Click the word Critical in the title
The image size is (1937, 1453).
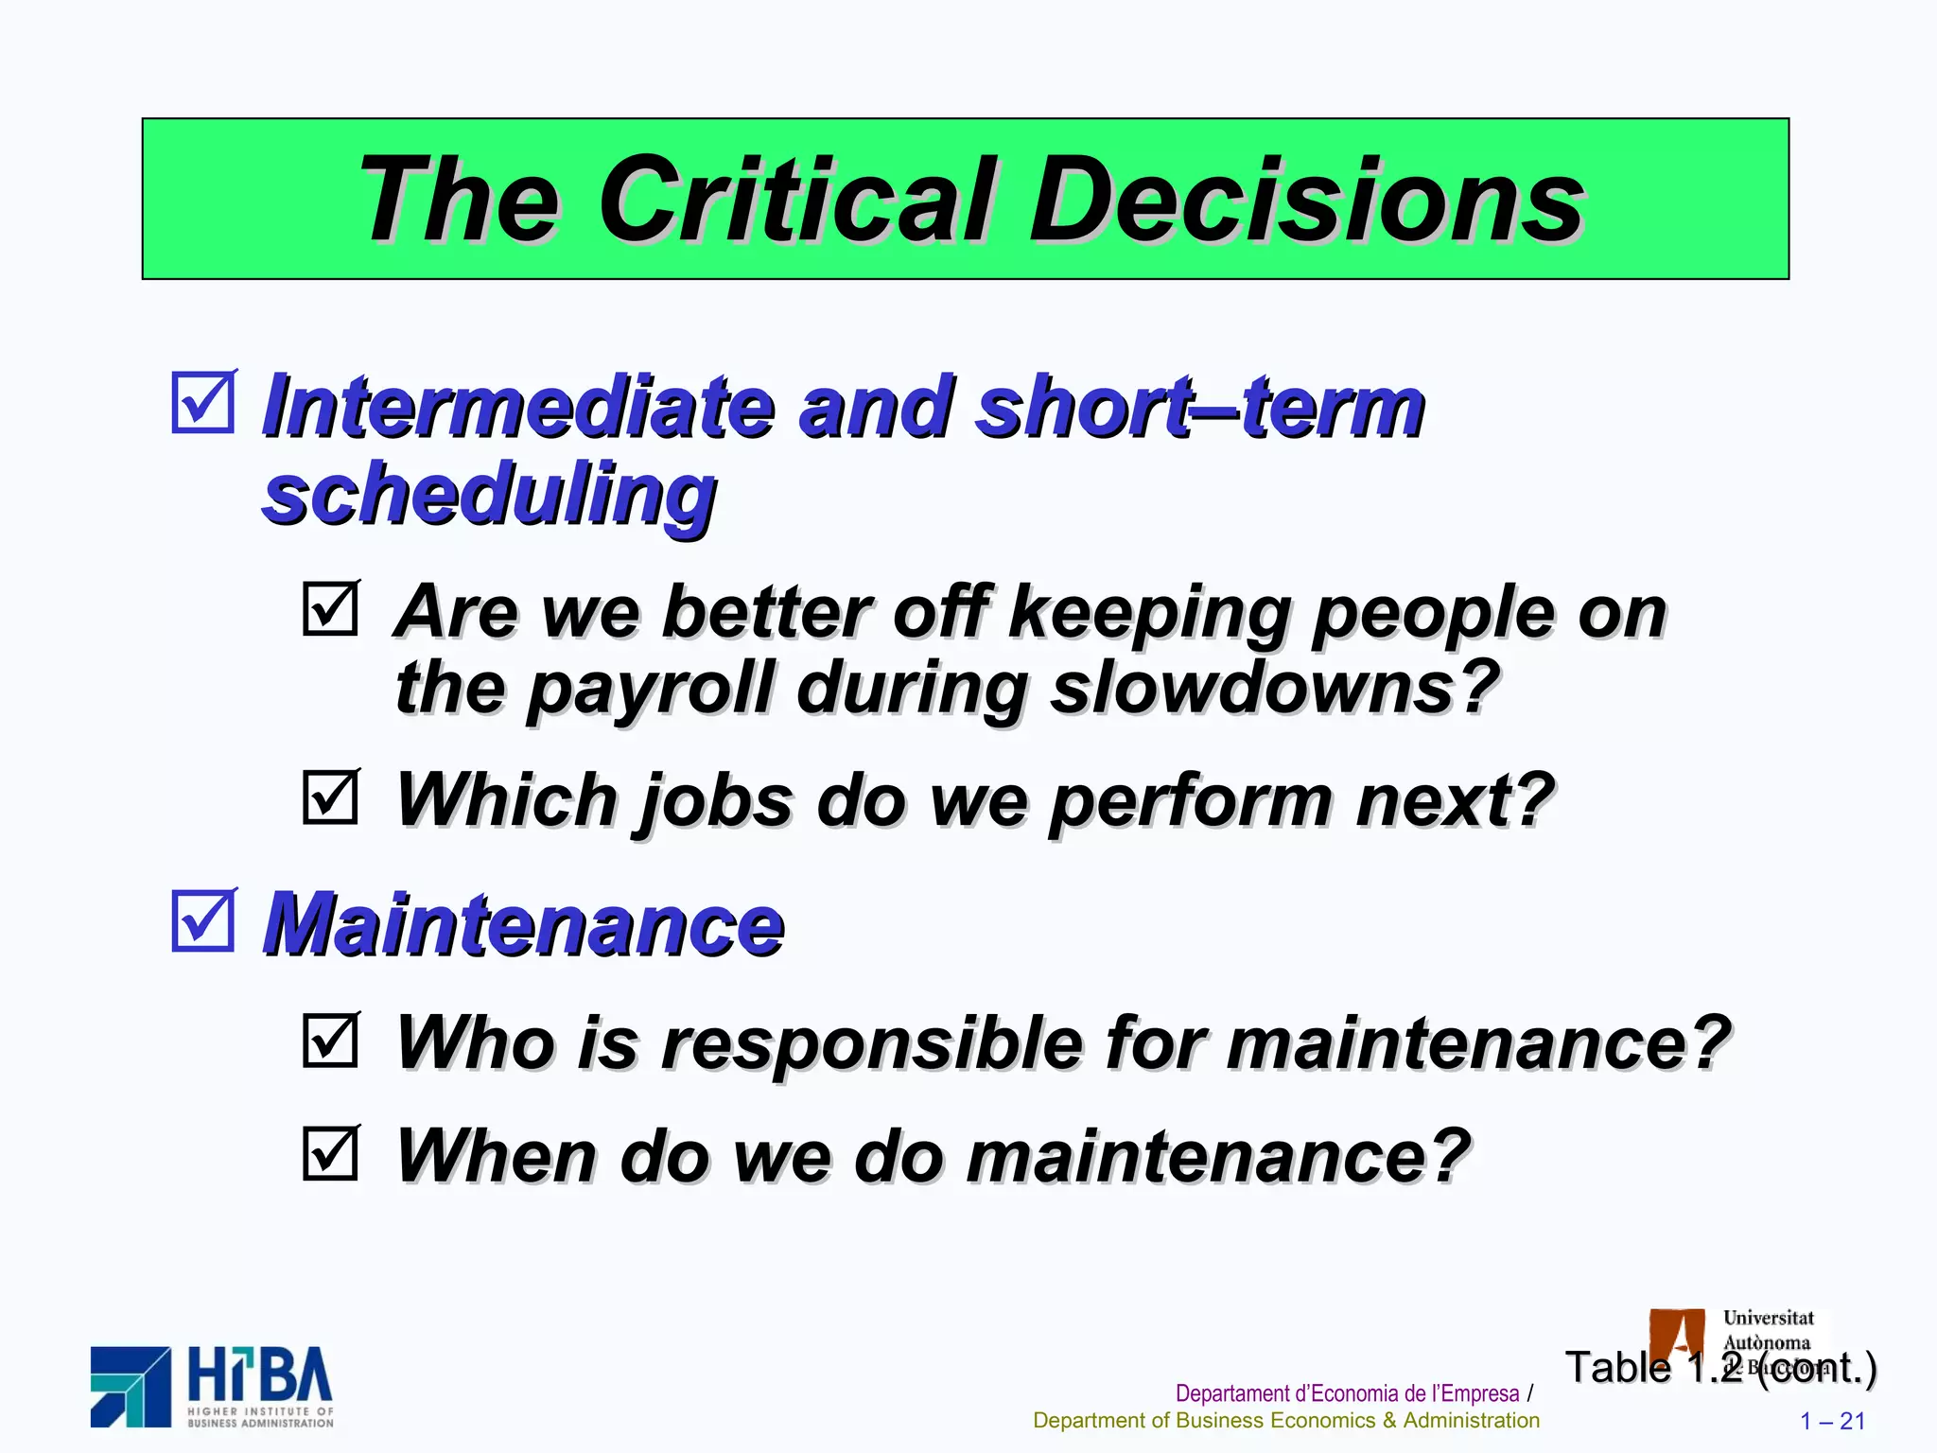click(x=797, y=201)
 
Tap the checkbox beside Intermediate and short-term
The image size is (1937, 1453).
click(x=203, y=403)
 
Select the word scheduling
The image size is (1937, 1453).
click(x=489, y=496)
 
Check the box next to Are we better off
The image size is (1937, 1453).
click(x=331, y=608)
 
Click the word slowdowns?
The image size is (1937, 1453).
click(x=1276, y=688)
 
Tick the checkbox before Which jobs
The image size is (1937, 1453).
click(x=331, y=797)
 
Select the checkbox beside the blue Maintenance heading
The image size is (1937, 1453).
click(x=203, y=920)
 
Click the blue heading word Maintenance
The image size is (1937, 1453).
click(x=524, y=924)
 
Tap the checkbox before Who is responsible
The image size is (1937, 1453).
click(x=331, y=1041)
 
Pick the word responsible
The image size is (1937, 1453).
click(x=871, y=1044)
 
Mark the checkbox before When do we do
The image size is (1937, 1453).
click(x=331, y=1153)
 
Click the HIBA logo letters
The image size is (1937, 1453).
click(x=260, y=1375)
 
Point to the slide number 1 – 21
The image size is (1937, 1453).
click(x=1832, y=1421)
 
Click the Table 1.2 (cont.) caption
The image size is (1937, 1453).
click(x=1720, y=1368)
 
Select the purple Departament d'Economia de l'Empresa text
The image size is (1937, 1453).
click(x=1347, y=1393)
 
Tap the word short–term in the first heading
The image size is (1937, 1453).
click(x=1199, y=407)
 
